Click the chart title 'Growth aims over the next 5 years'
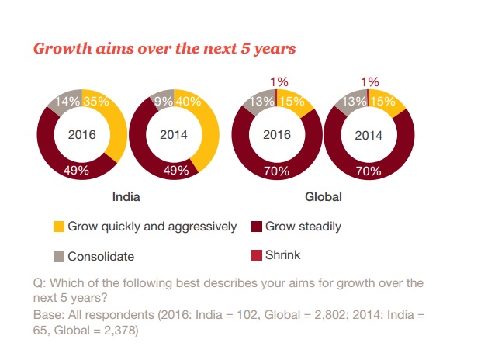164,48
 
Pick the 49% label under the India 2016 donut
81,170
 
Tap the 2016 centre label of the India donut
81,134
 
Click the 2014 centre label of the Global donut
368,134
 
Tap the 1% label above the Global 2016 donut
278,81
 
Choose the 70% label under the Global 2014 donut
368,171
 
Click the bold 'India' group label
127,197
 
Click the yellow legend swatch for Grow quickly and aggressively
58,227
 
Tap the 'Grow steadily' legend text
303,227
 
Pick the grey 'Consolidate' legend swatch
58,255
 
